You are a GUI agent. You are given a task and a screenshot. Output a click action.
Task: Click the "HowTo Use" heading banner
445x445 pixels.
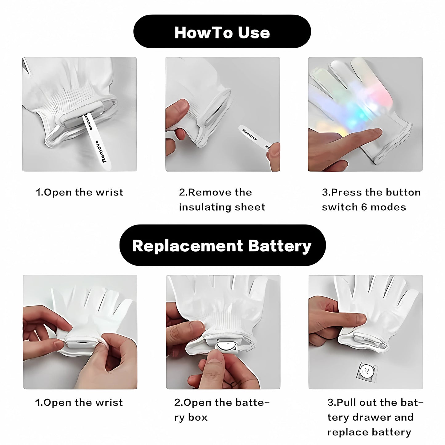pyautogui.click(x=222, y=32)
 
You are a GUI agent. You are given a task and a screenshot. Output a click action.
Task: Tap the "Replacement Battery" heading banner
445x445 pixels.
pyautogui.click(x=222, y=246)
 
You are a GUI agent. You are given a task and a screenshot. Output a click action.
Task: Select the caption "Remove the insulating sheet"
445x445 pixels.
pyautogui.click(x=222, y=200)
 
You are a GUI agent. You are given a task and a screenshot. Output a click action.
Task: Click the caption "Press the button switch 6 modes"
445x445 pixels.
pyautogui.click(x=371, y=200)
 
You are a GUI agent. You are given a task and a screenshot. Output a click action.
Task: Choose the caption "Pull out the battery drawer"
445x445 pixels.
pyautogui.click(x=375, y=410)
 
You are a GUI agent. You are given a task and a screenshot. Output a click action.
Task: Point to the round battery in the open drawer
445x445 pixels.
pyautogui.click(x=226, y=347)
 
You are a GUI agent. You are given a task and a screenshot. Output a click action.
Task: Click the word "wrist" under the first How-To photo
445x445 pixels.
pyautogui.click(x=109, y=192)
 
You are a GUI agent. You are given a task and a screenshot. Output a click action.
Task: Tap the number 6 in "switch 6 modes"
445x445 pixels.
pyautogui.click(x=364, y=207)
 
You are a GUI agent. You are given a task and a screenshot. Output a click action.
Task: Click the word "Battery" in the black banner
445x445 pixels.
pyautogui.click(x=279, y=246)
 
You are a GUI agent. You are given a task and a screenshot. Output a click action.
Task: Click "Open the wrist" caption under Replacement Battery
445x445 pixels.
pyautogui.click(x=79, y=403)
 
